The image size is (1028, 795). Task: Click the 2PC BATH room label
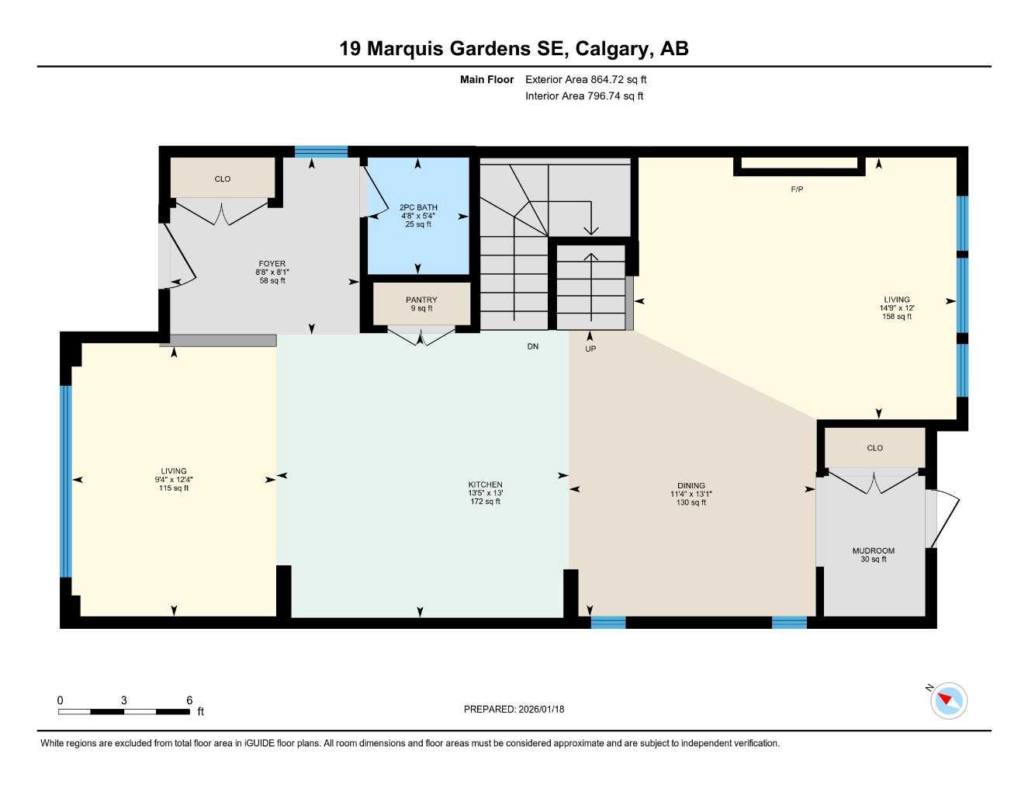(418, 207)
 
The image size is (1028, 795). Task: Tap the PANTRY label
(421, 300)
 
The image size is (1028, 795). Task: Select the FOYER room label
(272, 264)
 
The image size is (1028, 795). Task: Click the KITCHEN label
(485, 484)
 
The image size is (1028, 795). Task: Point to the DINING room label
(691, 486)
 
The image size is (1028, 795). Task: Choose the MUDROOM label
(873, 550)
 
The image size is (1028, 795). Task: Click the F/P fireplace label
(797, 189)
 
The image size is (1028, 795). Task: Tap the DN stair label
(533, 346)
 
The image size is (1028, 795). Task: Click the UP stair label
(590, 349)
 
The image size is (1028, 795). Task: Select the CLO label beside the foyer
(223, 179)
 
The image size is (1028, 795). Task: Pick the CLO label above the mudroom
(874, 448)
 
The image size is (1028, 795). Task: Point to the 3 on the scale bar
(124, 700)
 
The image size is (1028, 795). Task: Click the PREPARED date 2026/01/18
(514, 709)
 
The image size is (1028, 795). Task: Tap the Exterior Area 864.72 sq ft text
(586, 79)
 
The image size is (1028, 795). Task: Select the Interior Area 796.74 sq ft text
(584, 96)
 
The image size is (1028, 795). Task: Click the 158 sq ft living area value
(897, 317)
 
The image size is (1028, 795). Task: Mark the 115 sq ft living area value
(174, 488)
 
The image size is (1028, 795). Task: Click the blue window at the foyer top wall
(321, 151)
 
